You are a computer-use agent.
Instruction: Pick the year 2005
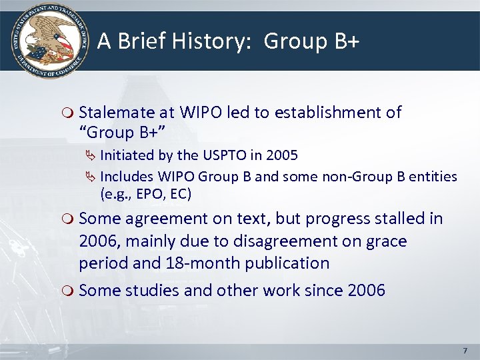click(x=281, y=155)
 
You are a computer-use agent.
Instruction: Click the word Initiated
click(x=127, y=155)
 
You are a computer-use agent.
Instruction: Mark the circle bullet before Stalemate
click(x=69, y=113)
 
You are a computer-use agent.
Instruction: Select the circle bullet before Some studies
click(x=69, y=291)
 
